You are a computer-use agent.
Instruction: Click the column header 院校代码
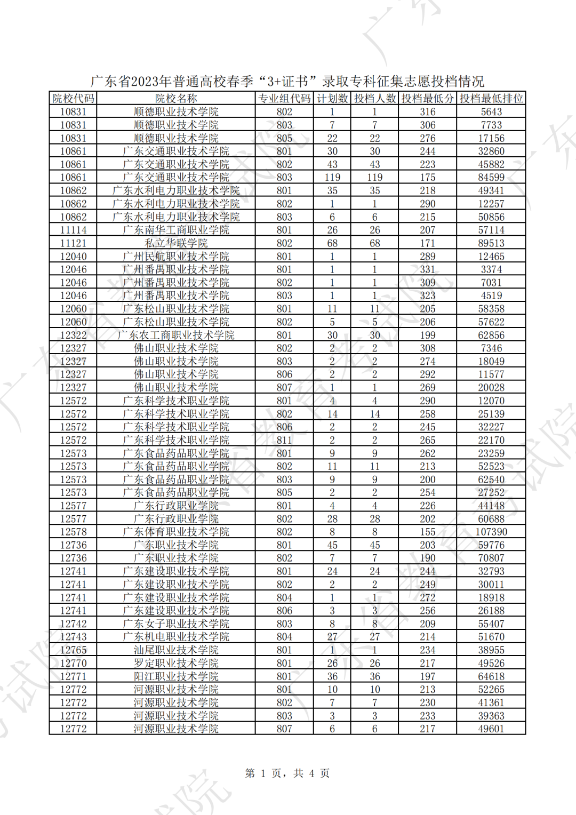click(73, 99)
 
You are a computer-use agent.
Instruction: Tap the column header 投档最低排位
click(491, 99)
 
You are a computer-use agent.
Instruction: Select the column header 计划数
click(332, 99)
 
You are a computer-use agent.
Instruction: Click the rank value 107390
click(491, 532)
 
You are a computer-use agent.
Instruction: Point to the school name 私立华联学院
click(176, 243)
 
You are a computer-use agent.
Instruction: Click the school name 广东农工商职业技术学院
click(176, 335)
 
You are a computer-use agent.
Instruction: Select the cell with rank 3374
click(491, 269)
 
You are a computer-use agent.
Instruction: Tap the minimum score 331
click(427, 269)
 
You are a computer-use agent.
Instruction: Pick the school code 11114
click(73, 230)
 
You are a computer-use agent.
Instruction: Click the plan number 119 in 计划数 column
click(332, 178)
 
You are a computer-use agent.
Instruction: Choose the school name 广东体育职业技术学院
click(176, 532)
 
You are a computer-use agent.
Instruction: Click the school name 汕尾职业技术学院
click(176, 650)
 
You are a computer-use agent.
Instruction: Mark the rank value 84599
click(491, 178)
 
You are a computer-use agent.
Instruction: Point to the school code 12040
click(73, 257)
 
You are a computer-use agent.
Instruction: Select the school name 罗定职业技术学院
click(176, 663)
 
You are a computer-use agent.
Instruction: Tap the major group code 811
click(284, 440)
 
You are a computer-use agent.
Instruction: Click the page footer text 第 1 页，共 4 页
click(287, 773)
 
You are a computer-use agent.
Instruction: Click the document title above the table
click(287, 81)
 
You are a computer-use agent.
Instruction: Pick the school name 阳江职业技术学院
click(176, 676)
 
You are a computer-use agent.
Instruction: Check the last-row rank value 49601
click(491, 729)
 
